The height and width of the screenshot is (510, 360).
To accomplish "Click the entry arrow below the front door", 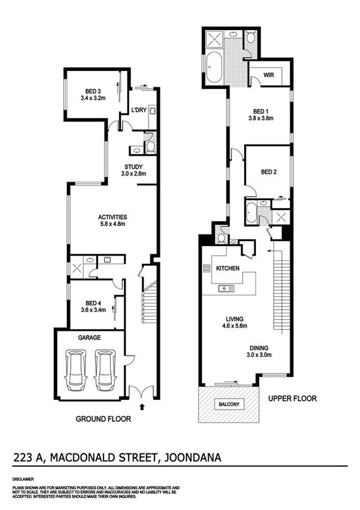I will [142, 407].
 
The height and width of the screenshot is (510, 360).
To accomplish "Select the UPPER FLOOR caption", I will [292, 398].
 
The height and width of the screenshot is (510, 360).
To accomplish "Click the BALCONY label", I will [229, 404].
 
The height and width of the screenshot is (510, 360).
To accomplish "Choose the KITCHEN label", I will [228, 268].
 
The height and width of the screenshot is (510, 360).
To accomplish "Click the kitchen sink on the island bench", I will [227, 289].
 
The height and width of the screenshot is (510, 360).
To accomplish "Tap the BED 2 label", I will [269, 172].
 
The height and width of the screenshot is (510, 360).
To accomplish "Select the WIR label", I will [269, 76].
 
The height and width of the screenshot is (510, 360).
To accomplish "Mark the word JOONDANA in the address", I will [191, 459].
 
